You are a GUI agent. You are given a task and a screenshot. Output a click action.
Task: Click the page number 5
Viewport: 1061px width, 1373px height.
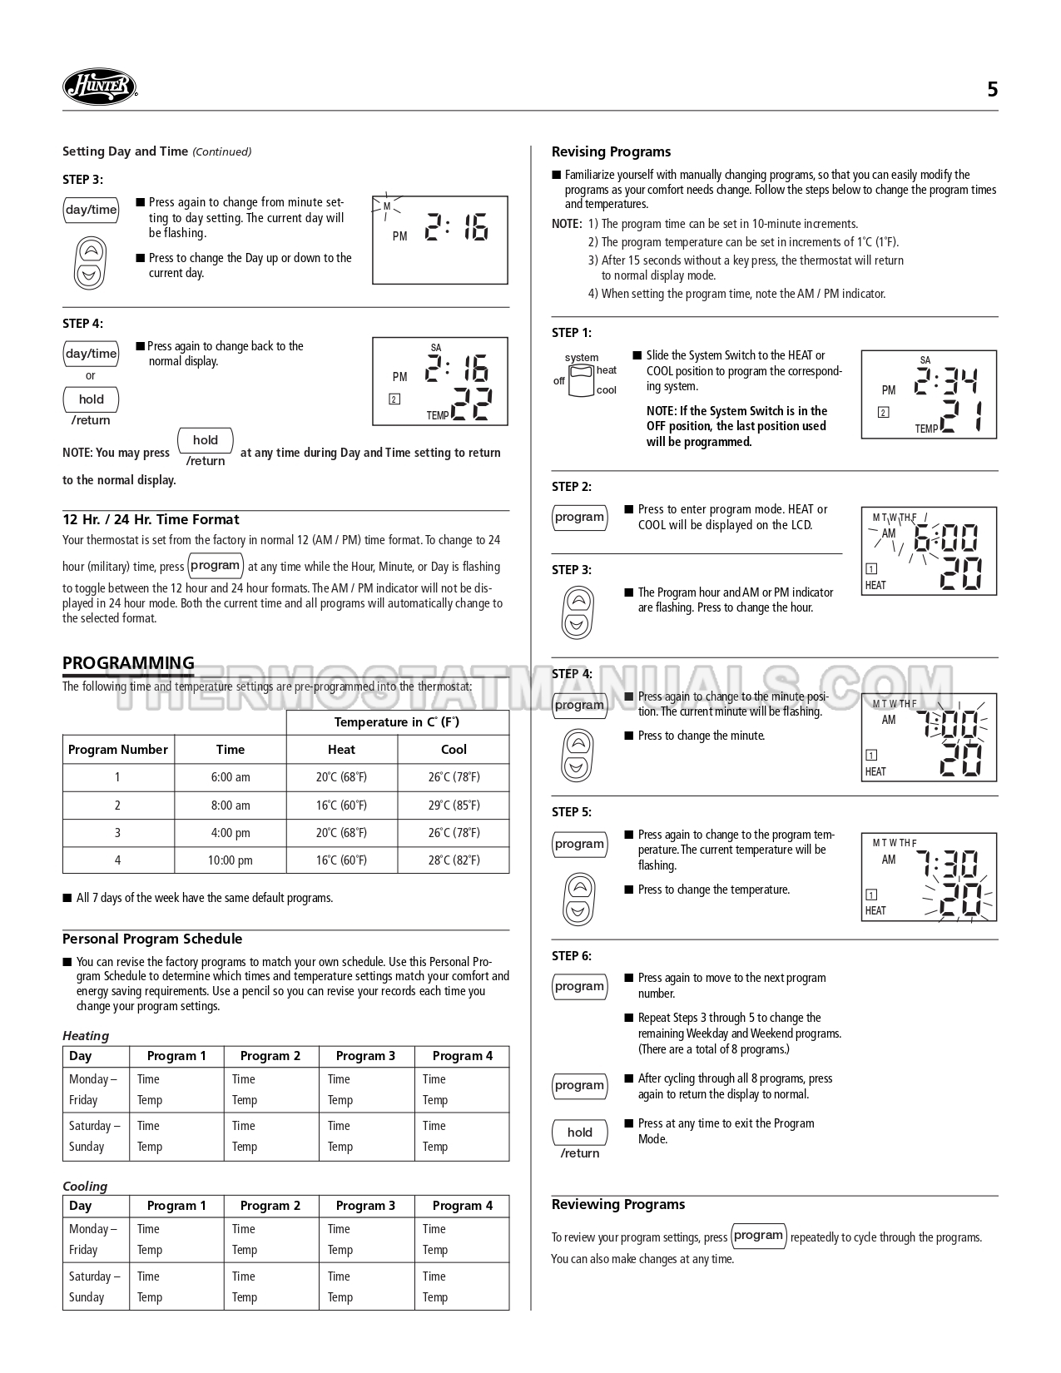pyautogui.click(x=992, y=90)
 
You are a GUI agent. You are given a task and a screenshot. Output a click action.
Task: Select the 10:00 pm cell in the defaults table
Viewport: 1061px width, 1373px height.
pyautogui.click(x=231, y=860)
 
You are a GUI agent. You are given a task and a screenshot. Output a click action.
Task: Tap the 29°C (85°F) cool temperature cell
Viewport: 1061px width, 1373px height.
pyautogui.click(x=454, y=805)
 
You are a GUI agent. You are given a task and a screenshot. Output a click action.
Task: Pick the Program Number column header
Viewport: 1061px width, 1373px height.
pyautogui.click(x=118, y=750)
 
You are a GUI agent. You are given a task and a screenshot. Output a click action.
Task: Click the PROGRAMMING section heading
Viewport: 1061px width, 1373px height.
pyautogui.click(x=128, y=663)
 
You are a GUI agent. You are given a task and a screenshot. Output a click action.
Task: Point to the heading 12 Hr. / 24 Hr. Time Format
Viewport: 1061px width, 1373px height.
pyautogui.click(x=151, y=520)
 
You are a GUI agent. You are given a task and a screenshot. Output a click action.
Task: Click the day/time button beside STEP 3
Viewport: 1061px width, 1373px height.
pyautogui.click(x=92, y=210)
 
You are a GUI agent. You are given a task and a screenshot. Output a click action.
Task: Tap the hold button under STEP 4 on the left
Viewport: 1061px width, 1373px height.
pyautogui.click(x=92, y=399)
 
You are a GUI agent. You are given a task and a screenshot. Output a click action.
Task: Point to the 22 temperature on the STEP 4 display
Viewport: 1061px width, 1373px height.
pyautogui.click(x=470, y=405)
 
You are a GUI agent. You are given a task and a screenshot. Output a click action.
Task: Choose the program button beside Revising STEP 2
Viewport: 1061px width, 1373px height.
pyautogui.click(x=579, y=518)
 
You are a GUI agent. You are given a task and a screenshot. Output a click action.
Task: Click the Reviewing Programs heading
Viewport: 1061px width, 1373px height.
pyautogui.click(x=618, y=1205)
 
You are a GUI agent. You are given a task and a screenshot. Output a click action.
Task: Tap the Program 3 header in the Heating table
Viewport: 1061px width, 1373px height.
pyautogui.click(x=366, y=1057)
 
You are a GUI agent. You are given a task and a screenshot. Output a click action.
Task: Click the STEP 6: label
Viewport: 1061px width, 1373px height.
pyautogui.click(x=572, y=956)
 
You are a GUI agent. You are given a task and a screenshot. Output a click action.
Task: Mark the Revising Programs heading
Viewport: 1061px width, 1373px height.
pyautogui.click(x=611, y=152)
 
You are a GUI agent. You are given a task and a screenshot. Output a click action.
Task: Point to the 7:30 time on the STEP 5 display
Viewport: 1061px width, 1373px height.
pyautogui.click(x=953, y=865)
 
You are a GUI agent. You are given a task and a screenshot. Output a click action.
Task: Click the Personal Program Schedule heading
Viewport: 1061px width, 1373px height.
pyautogui.click(x=152, y=939)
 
